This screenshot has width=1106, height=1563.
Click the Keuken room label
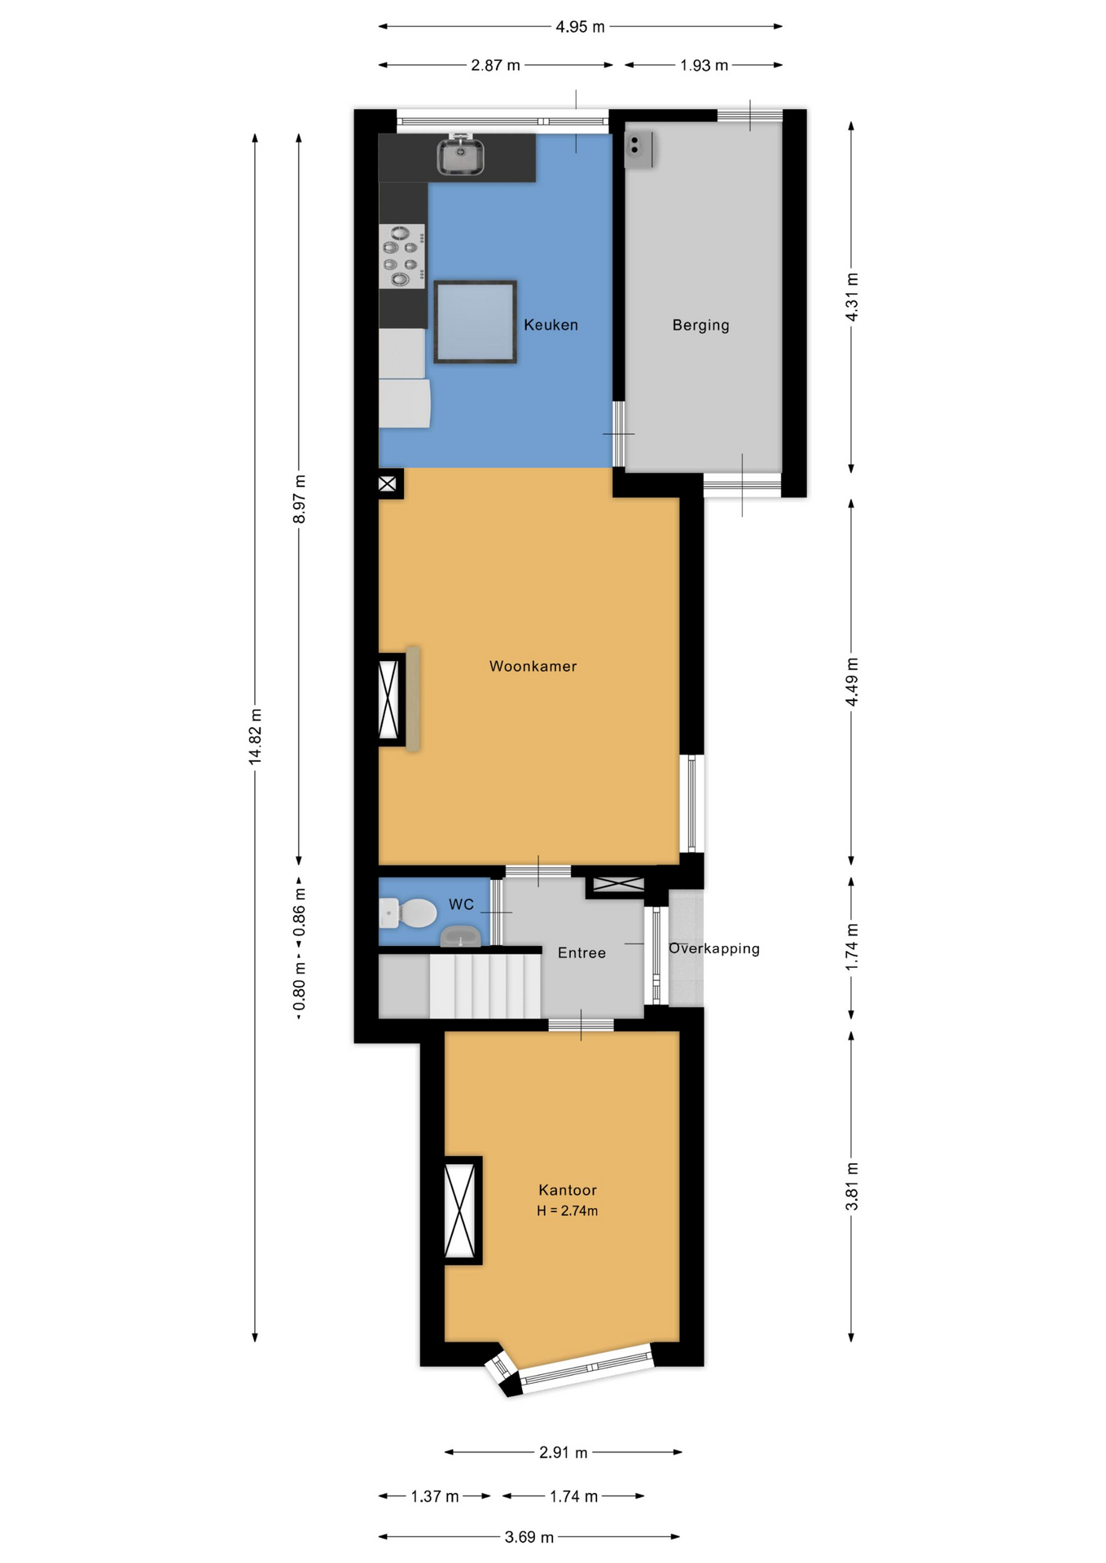tap(551, 325)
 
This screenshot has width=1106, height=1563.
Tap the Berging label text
tap(700, 325)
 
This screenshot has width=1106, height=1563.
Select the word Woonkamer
tap(533, 666)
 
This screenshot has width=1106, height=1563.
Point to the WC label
tap(461, 904)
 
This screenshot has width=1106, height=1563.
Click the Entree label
tap(582, 952)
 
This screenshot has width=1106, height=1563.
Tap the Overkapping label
tap(713, 948)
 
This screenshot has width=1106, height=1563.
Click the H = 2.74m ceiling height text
tap(567, 1211)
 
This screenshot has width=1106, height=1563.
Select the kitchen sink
tap(460, 156)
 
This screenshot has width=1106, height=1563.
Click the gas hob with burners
tap(402, 256)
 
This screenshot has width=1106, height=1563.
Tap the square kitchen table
tap(475, 322)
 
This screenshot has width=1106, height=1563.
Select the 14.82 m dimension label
tap(256, 736)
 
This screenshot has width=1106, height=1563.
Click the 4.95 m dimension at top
tap(580, 27)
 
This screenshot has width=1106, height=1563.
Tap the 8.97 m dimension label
tap(299, 499)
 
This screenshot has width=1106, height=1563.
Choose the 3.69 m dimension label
tap(529, 1537)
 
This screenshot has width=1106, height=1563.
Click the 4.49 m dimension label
tap(851, 681)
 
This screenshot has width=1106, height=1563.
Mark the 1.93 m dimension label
tap(704, 65)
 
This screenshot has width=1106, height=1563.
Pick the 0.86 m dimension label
tap(299, 920)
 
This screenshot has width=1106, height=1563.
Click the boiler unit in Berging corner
tap(638, 149)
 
